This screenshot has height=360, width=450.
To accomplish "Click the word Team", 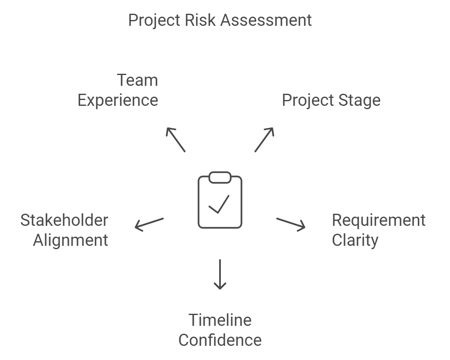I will pos(137,80).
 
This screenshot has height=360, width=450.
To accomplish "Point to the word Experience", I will pos(118,100).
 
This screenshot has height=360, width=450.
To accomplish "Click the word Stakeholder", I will pos(64,220).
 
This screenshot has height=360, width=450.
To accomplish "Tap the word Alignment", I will pos(70,240).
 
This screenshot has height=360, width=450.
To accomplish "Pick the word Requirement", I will pos(378,220).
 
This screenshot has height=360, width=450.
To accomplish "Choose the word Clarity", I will pos(355,240).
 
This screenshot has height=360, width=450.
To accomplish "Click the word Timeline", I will pos(220,320).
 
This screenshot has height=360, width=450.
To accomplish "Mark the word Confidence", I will pos(220,340).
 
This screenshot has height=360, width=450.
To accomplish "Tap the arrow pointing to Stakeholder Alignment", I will pos(149,224).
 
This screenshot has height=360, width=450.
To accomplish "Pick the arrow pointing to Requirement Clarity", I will pos(291,224).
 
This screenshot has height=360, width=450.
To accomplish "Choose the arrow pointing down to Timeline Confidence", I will pos(220,274).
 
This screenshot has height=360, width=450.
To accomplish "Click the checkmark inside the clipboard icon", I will pos(219,204).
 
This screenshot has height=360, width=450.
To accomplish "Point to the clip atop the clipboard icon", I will pos(220,177).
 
